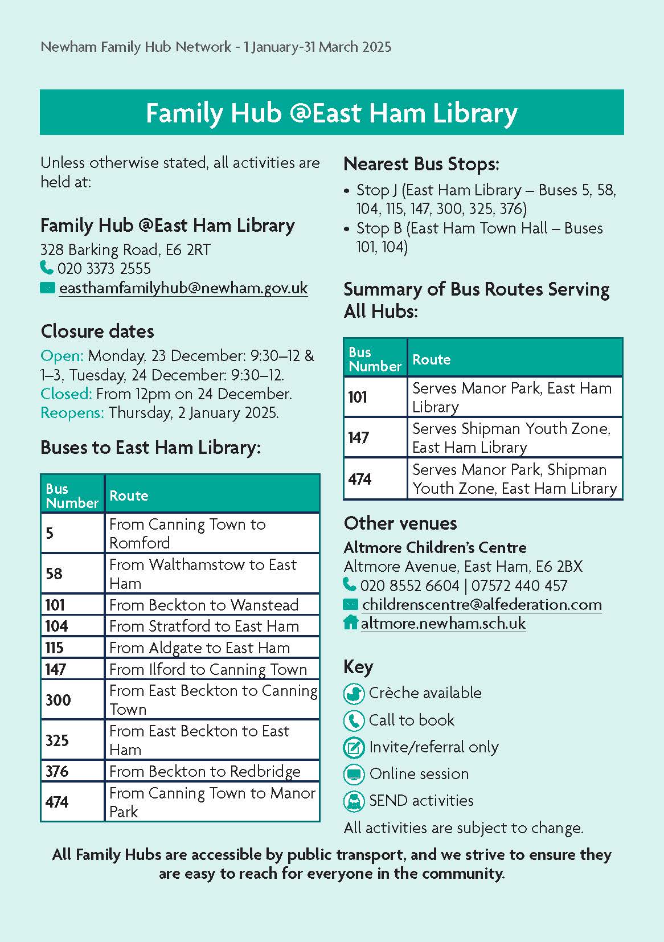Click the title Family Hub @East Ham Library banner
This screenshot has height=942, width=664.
331,112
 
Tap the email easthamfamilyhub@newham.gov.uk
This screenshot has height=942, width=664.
183,288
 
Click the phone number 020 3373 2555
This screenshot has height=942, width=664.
104,268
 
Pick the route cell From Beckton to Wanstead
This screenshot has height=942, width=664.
204,605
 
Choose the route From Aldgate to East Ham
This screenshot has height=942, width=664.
199,648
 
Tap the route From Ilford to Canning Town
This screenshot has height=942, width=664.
208,669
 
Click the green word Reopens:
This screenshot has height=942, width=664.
72,413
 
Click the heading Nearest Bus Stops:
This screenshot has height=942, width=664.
421,165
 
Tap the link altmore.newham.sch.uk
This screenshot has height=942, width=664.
443,624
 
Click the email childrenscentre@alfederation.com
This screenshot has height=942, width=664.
481,605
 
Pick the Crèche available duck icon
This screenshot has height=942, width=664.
354,694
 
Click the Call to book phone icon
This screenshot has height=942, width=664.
354,720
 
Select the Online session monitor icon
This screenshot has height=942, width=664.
354,774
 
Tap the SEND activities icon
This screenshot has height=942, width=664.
354,801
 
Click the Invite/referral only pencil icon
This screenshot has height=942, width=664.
354,747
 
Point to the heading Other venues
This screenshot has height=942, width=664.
400,523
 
